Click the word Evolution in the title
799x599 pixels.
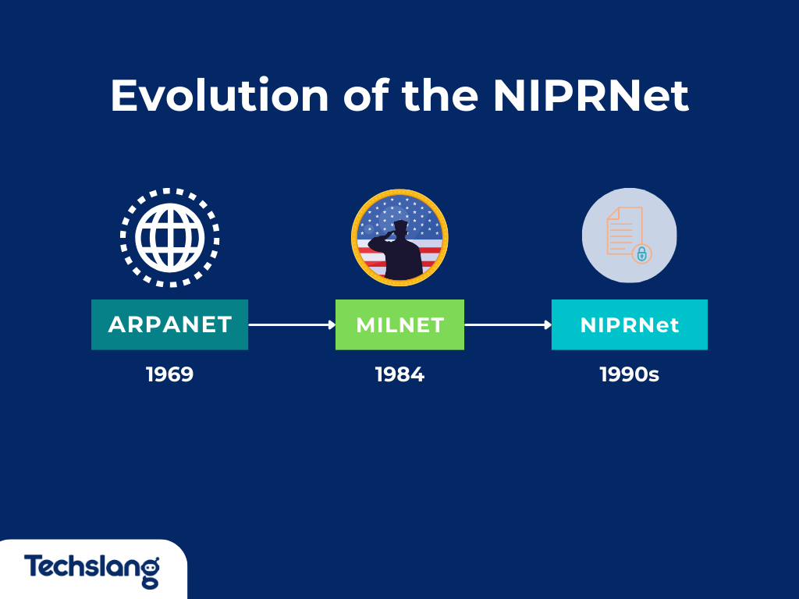219,95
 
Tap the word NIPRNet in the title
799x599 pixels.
591,95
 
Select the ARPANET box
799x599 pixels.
169,324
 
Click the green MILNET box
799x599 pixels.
399,324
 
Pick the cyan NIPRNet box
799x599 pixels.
630,324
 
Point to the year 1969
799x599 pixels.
169,374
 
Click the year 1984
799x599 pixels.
399,374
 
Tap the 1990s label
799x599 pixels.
630,374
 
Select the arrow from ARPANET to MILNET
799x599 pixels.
292,324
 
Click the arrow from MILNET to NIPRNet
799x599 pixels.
508,324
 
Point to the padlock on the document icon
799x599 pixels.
642,253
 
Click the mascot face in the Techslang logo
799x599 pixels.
151,566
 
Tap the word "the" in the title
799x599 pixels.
440,95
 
